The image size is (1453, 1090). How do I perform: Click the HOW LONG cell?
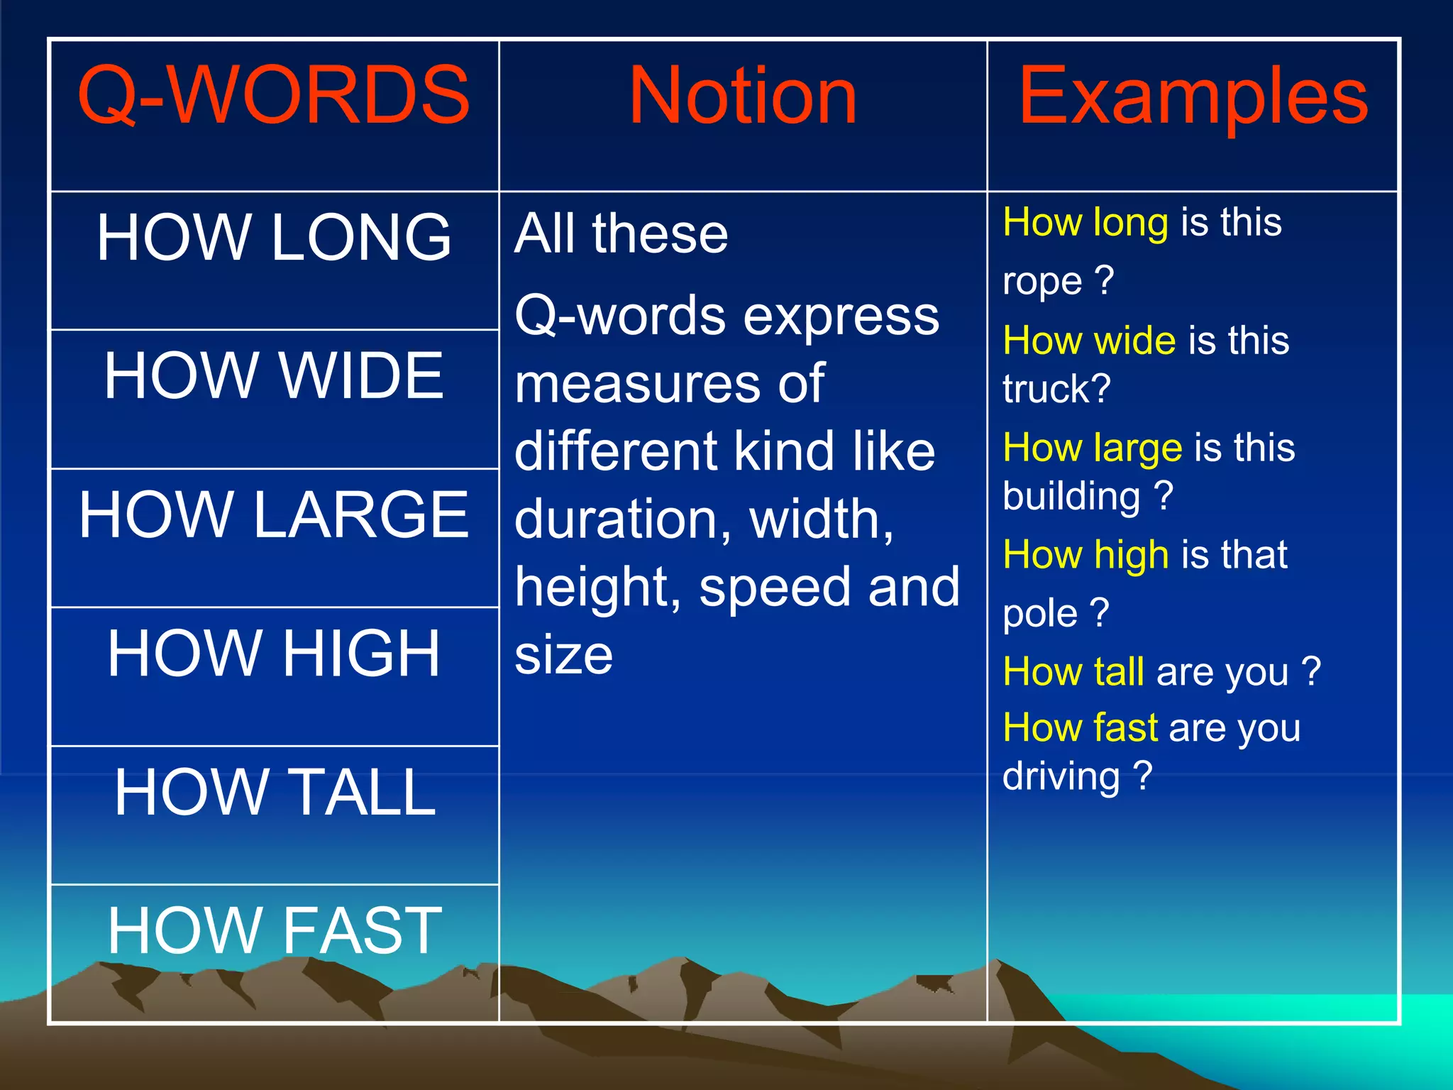point(274,238)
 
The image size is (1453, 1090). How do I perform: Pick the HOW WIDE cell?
point(274,375)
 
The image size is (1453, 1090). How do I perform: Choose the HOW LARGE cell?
point(274,514)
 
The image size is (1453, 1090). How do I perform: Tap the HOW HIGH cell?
point(274,654)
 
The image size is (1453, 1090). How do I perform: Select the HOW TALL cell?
point(274,792)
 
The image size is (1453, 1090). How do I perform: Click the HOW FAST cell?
point(274,930)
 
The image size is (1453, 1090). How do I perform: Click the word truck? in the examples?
point(1056,389)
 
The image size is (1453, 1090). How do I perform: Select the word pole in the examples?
point(1039,613)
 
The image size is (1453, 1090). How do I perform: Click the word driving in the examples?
point(1061,776)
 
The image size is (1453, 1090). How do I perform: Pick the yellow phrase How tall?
point(1073,671)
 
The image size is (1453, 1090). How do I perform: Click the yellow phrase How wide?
point(1089,341)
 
